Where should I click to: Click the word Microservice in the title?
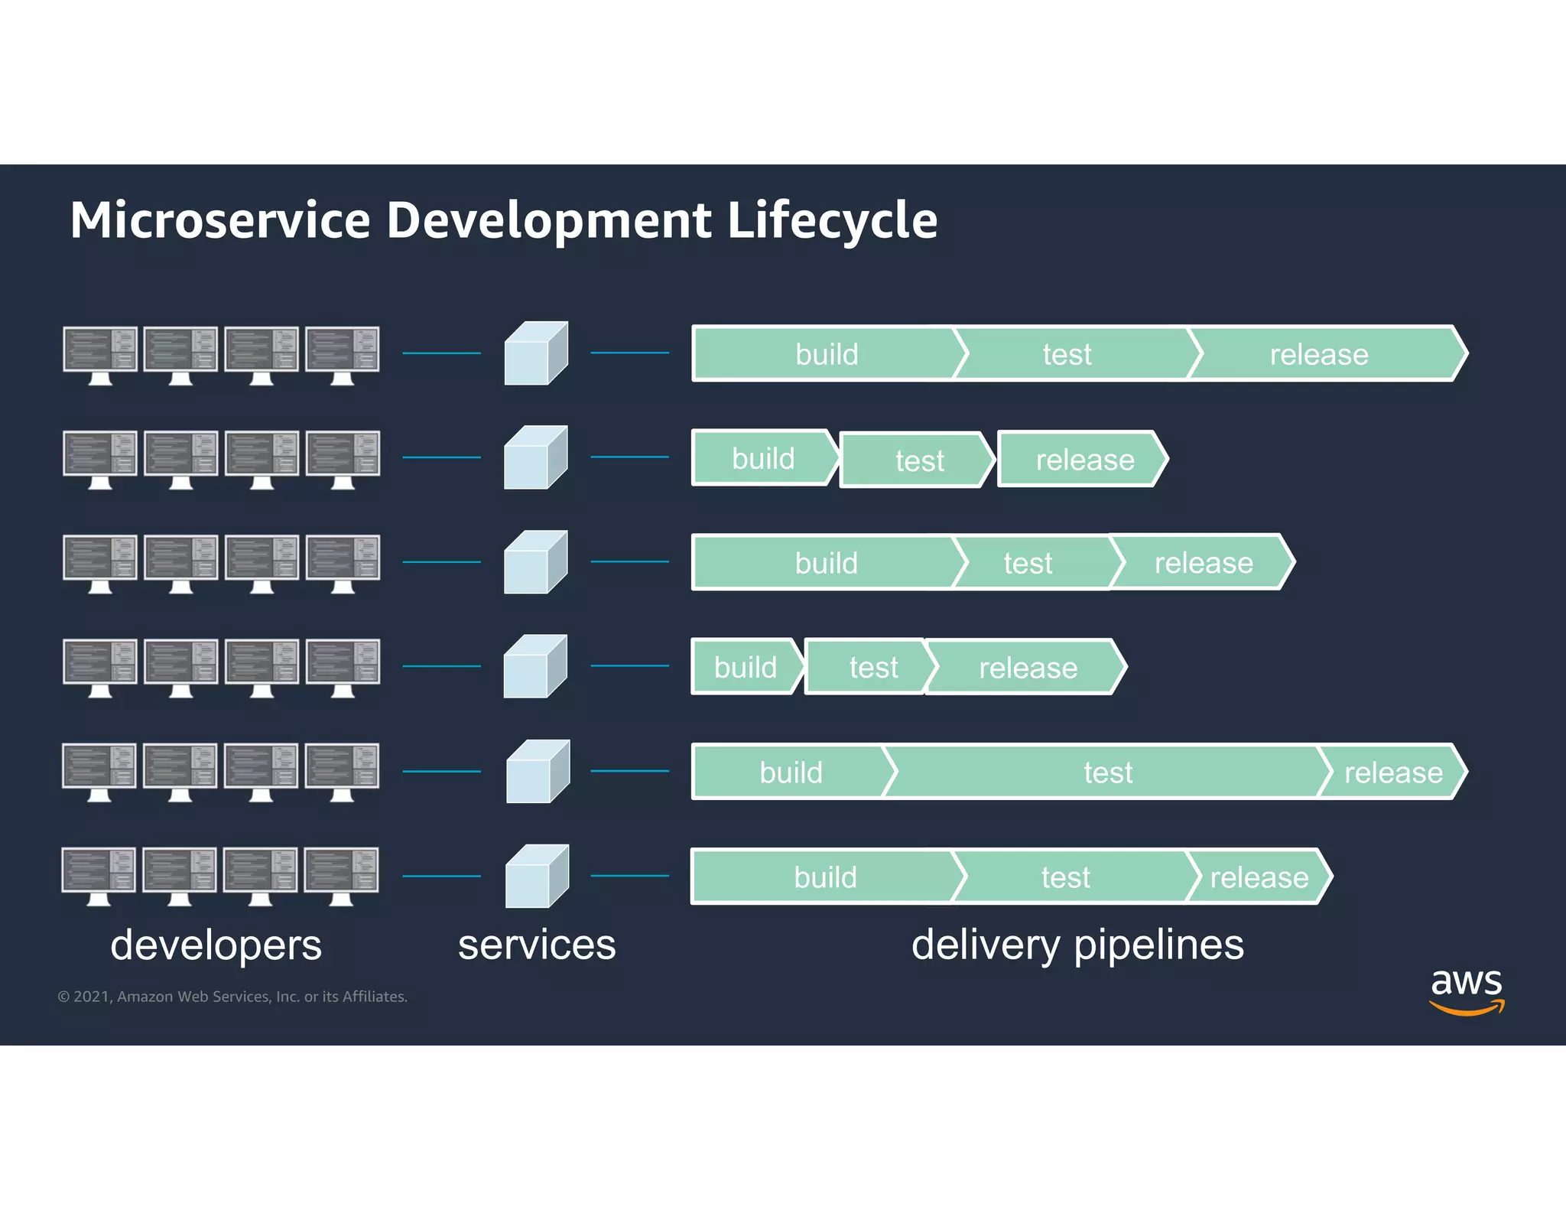220,220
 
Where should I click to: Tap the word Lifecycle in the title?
832,220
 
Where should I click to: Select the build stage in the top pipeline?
826,354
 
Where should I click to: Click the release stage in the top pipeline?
1319,354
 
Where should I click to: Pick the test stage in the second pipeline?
919,460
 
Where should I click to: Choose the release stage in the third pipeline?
1204,563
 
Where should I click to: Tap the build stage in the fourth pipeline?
746,667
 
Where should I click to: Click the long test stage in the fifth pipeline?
1108,773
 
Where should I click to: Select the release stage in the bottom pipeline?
1259,877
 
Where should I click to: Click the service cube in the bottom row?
537,877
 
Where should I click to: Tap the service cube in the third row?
535,562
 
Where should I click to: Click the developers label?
216,945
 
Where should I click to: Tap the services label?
537,945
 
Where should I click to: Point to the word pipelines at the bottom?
1159,945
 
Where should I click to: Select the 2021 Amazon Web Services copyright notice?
232,997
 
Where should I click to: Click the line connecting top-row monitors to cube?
441,353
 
